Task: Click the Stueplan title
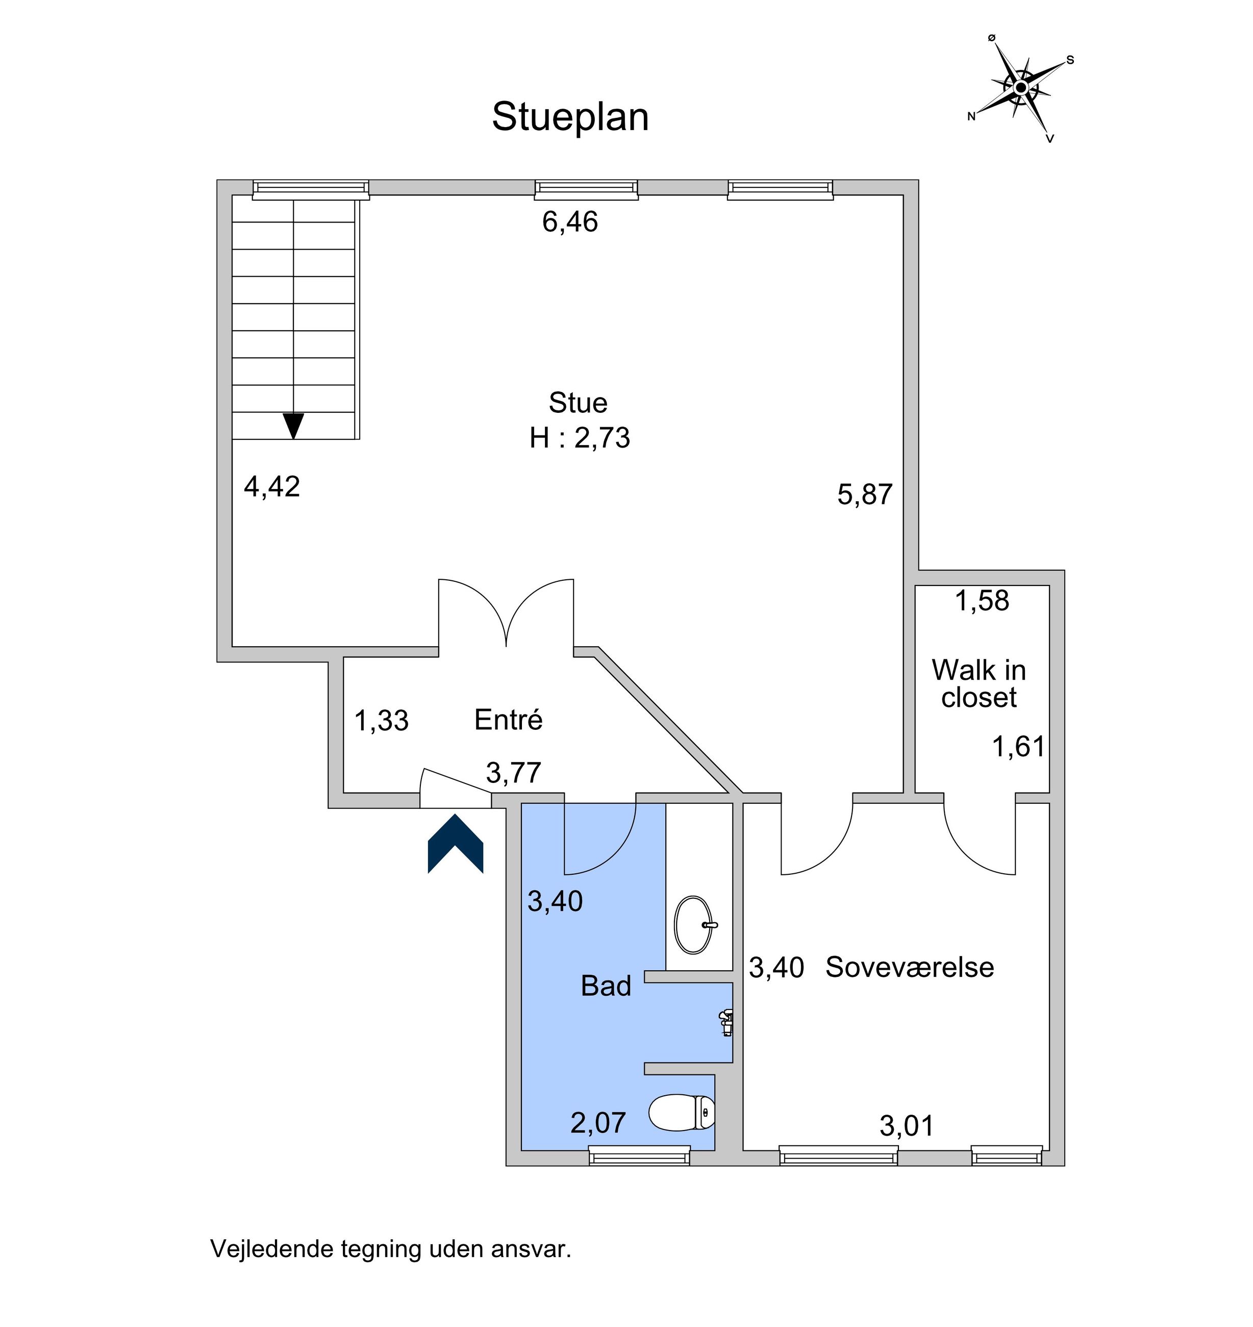pyautogui.click(x=570, y=117)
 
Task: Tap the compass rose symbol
pyautogui.click(x=1020, y=88)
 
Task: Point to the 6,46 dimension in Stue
pyautogui.click(x=570, y=222)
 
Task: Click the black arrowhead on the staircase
pyautogui.click(x=293, y=426)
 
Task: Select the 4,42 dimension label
pyautogui.click(x=272, y=486)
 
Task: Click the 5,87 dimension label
pyautogui.click(x=865, y=495)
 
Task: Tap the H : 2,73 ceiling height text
pyautogui.click(x=579, y=438)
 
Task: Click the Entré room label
pyautogui.click(x=508, y=720)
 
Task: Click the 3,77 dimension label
pyautogui.click(x=513, y=773)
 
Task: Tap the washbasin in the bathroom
pyautogui.click(x=695, y=925)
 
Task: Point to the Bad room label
pyautogui.click(x=606, y=986)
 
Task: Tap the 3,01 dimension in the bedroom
pyautogui.click(x=907, y=1126)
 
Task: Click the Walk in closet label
pyautogui.click(x=979, y=683)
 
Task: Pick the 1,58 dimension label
pyautogui.click(x=981, y=601)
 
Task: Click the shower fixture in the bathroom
pyautogui.click(x=726, y=1023)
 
